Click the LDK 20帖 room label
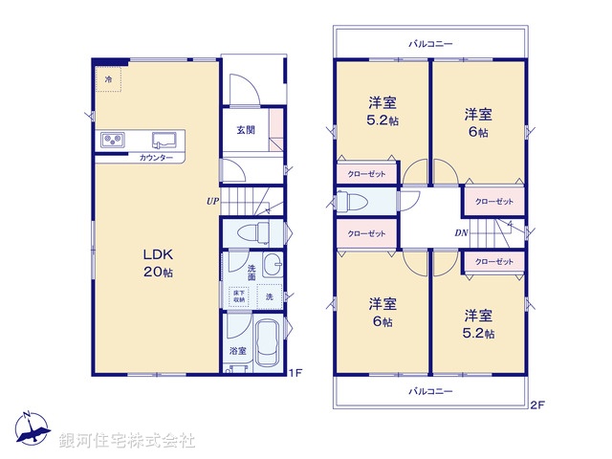(x=158, y=263)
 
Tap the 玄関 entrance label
(x=246, y=130)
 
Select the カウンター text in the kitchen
(x=156, y=157)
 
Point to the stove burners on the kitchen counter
(x=113, y=141)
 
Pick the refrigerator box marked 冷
(x=108, y=79)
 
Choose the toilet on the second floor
(x=353, y=203)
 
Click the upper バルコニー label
(x=430, y=43)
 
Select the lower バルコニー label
(x=430, y=391)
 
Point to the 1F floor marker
(x=295, y=372)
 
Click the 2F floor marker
(x=537, y=405)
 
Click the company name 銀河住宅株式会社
(x=127, y=440)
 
